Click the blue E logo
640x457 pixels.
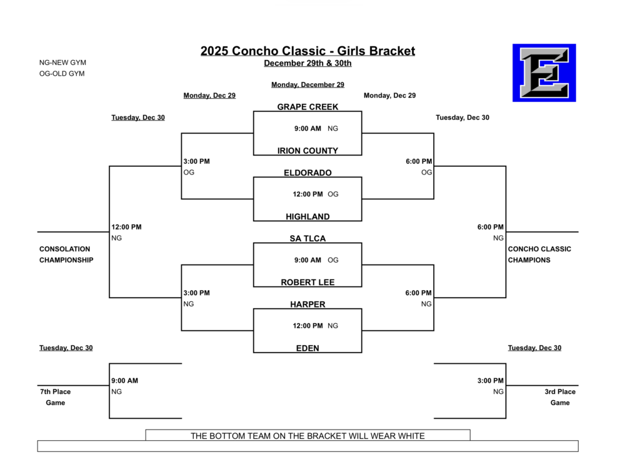click(544, 73)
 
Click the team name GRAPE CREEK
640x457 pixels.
click(307, 107)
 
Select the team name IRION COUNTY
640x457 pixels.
click(307, 151)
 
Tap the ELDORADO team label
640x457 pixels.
click(307, 173)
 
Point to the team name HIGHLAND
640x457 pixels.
click(307, 216)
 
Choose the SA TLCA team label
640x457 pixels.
click(307, 239)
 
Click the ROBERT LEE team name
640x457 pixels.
click(307, 282)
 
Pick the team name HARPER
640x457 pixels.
click(307, 304)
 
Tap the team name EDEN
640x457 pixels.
click(307, 348)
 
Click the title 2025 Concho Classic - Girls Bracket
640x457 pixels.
click(307, 51)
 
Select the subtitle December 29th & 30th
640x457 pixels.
click(307, 63)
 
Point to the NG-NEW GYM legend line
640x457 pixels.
click(62, 63)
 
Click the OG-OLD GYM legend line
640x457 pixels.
click(62, 74)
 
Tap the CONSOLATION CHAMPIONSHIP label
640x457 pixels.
click(66, 254)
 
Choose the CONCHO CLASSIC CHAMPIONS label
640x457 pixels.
click(539, 254)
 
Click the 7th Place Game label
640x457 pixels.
click(55, 397)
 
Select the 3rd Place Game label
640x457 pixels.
click(560, 397)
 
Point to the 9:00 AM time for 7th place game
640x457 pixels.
click(125, 381)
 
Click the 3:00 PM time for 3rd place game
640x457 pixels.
click(491, 381)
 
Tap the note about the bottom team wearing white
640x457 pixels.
click(307, 436)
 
